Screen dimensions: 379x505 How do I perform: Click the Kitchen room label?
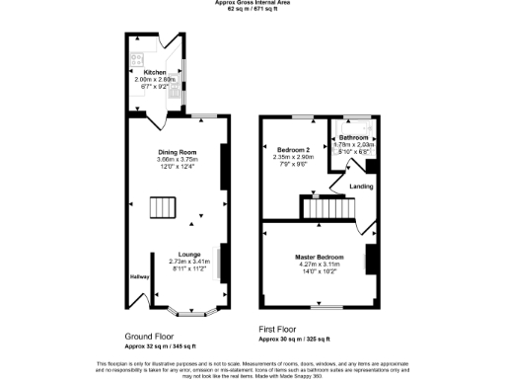click(x=155, y=72)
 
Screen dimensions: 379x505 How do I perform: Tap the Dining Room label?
click(x=179, y=152)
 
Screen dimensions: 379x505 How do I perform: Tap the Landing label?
click(x=361, y=185)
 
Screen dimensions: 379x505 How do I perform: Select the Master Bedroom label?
click(x=319, y=258)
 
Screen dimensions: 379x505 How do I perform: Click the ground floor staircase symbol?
click(x=161, y=208)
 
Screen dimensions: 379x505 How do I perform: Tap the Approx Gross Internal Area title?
click(x=252, y=3)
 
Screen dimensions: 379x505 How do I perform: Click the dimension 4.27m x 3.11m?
click(x=319, y=265)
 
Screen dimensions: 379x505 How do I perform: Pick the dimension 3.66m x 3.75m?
click(x=179, y=159)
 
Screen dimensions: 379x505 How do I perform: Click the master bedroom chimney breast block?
click(x=371, y=259)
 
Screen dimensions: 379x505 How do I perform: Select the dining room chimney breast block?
click(x=223, y=163)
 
